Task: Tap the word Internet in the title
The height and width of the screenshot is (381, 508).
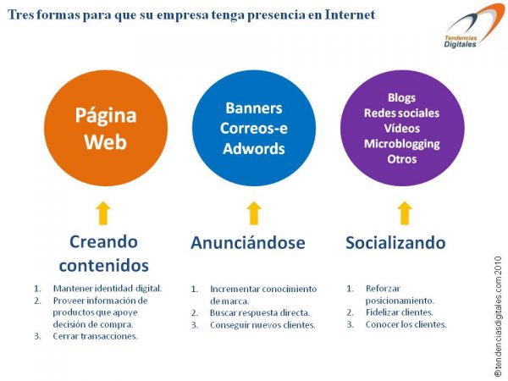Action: click(x=350, y=15)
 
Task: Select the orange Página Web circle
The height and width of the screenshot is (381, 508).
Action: click(x=106, y=129)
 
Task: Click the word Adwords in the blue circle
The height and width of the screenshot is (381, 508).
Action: click(x=254, y=149)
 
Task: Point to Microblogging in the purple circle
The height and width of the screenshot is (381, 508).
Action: click(x=401, y=144)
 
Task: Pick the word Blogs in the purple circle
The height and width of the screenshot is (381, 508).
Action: click(x=401, y=97)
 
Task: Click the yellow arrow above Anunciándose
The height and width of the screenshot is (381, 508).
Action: click(x=254, y=213)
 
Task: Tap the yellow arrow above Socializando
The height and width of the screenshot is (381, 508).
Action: click(x=405, y=213)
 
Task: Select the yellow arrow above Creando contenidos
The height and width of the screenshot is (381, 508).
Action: click(x=103, y=213)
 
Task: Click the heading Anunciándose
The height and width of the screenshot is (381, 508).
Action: click(x=248, y=243)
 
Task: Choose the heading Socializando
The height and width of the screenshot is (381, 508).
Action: click(x=395, y=243)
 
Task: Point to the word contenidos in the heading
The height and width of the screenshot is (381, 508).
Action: click(x=103, y=265)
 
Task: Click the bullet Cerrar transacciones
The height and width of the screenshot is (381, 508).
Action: click(x=95, y=336)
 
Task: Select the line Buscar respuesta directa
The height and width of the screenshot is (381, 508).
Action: click(x=260, y=313)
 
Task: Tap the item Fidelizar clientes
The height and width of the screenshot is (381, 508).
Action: click(x=399, y=312)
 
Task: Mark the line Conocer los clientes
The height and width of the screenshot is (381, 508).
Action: click(x=406, y=324)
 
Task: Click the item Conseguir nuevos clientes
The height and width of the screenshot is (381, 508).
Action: click(x=262, y=325)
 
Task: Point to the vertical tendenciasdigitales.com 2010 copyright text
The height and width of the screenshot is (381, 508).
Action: click(x=499, y=317)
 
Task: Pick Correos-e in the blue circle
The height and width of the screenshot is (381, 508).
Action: click(x=254, y=129)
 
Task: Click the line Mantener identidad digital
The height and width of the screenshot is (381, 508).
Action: click(x=108, y=289)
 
